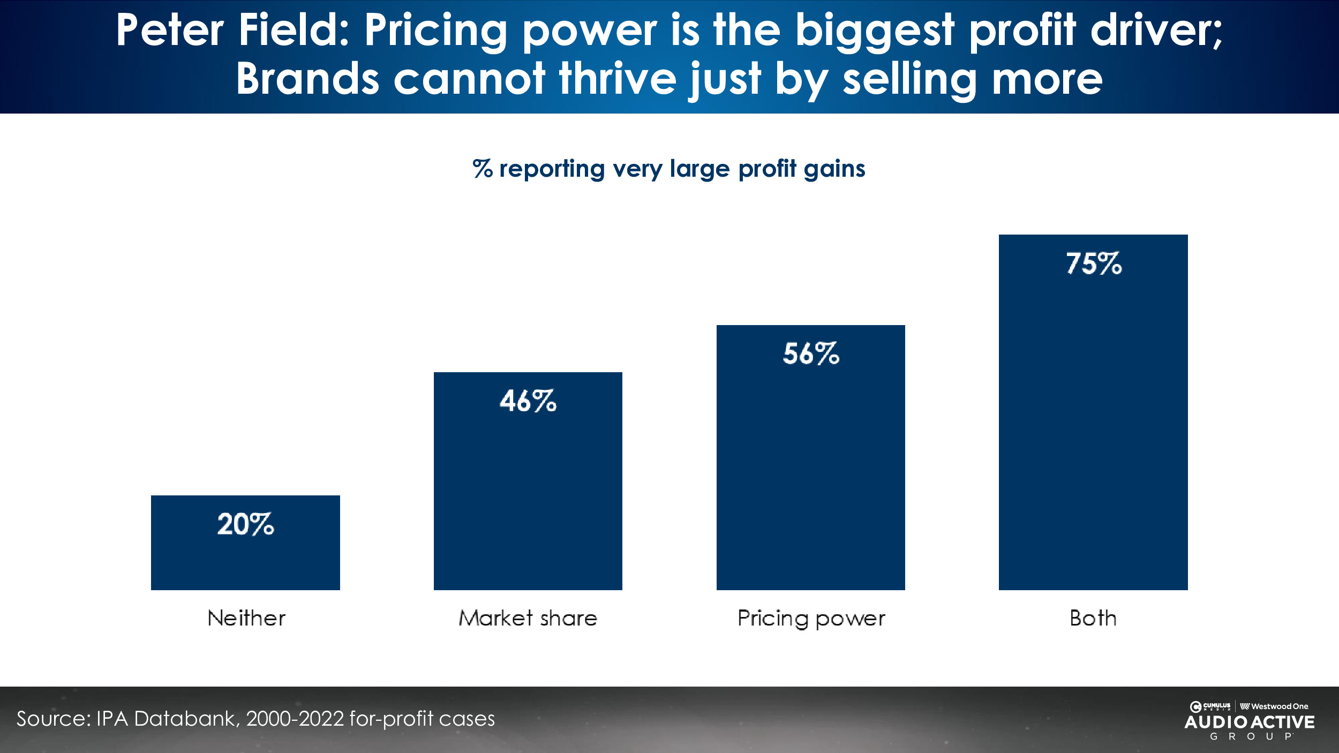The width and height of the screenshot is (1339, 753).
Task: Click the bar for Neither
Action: coord(245,557)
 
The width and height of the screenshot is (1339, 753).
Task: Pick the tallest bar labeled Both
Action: coord(1093,428)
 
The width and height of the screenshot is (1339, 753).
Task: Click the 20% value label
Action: coord(245,524)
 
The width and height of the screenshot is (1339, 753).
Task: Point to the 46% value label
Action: coord(528,401)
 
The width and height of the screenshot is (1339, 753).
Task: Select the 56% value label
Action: coord(811,353)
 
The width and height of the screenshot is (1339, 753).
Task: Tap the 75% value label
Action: coord(1093,263)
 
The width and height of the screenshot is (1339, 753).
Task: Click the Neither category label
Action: coord(246,618)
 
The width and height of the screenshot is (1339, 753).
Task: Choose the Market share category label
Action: coord(528,618)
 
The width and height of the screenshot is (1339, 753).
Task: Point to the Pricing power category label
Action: coord(811,619)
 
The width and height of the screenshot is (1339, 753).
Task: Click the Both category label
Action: coord(1093,618)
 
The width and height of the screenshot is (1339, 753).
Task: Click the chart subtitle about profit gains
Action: coord(669,169)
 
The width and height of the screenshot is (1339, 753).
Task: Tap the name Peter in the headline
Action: coord(170,31)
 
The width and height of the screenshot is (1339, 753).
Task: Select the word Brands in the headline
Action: coord(307,79)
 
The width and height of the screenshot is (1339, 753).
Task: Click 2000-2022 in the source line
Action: coord(295,719)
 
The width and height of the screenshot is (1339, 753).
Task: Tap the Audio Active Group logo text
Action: coord(1249,722)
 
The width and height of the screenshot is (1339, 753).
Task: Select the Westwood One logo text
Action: coord(1279,706)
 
